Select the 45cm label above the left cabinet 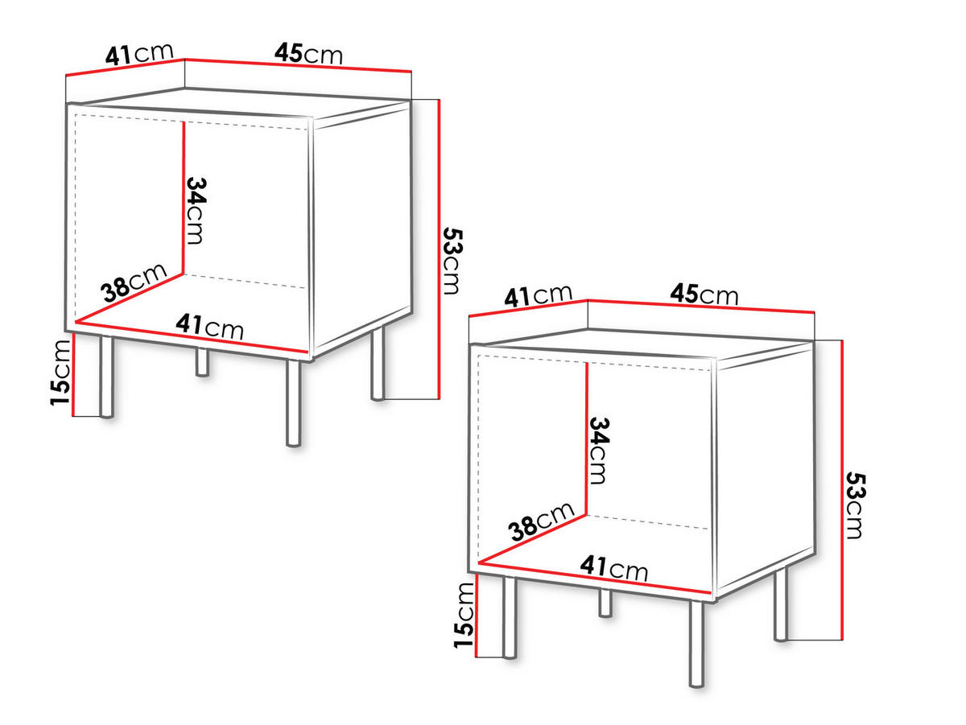click(x=308, y=54)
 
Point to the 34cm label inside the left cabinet click(x=196, y=209)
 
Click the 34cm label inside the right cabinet click(x=598, y=450)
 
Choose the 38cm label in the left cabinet click(x=134, y=282)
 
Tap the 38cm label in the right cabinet click(x=540, y=521)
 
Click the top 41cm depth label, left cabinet click(x=138, y=54)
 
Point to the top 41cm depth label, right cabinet click(x=538, y=295)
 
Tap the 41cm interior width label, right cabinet click(x=613, y=568)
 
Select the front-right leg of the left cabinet click(x=293, y=402)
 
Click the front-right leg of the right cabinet click(x=696, y=644)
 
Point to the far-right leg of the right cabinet click(x=781, y=605)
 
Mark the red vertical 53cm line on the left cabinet click(x=438, y=249)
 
